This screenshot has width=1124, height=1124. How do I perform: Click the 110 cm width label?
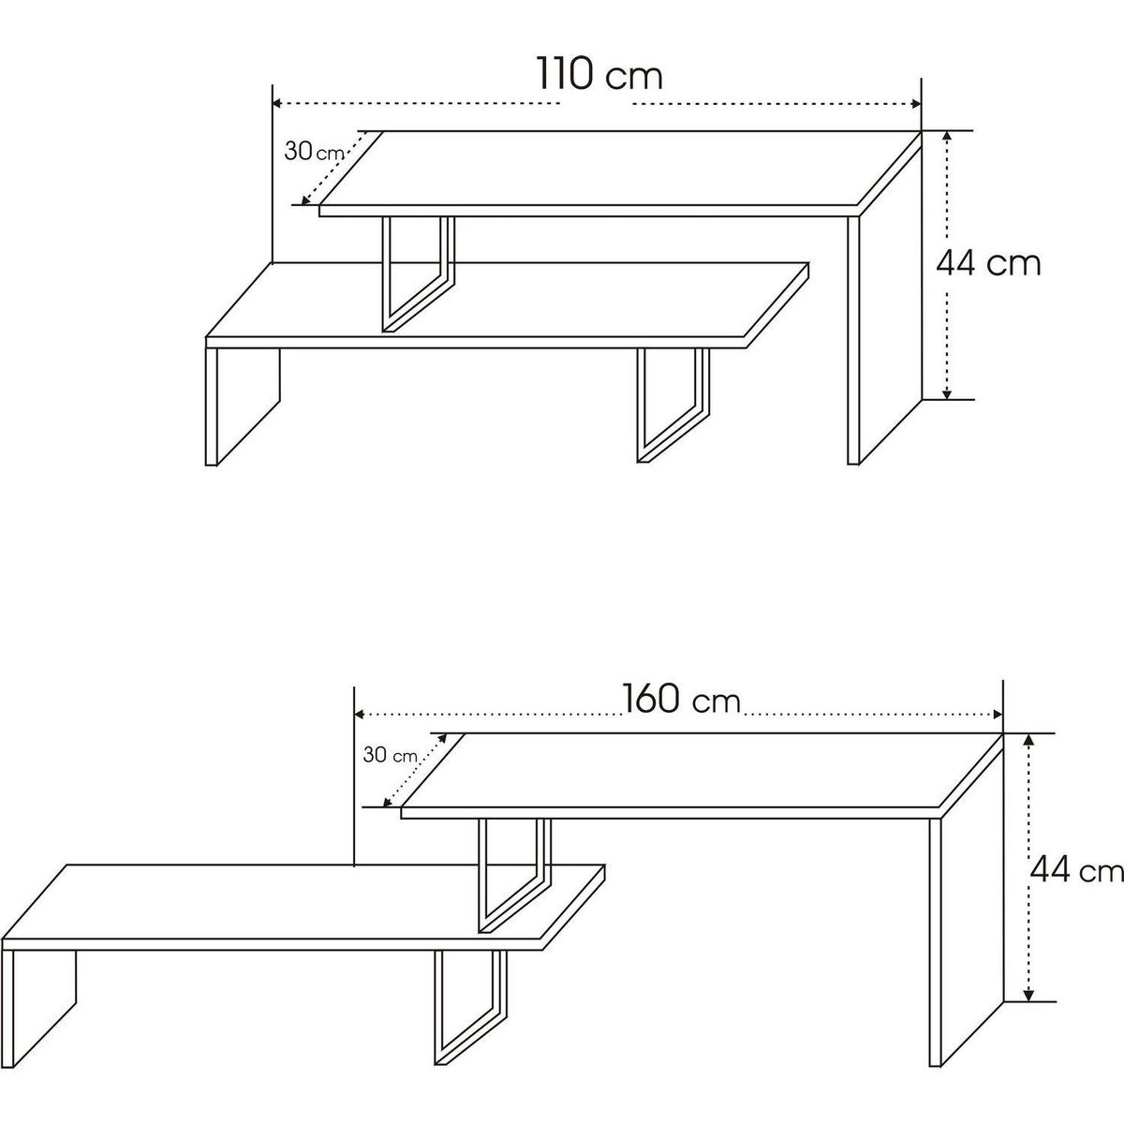[599, 74]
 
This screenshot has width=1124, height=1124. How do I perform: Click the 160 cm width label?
[682, 699]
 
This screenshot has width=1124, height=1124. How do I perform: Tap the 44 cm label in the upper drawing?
[988, 263]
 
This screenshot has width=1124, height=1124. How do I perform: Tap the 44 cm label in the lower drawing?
[1077, 871]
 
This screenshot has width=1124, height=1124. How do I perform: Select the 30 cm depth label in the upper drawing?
[314, 152]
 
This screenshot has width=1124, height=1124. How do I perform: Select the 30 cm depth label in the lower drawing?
[391, 755]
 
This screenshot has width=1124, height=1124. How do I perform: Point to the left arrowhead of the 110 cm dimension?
[277, 104]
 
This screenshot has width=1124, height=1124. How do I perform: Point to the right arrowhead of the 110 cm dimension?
[916, 104]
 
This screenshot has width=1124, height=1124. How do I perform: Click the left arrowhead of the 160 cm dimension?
[360, 715]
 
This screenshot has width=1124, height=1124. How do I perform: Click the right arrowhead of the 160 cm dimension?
[998, 715]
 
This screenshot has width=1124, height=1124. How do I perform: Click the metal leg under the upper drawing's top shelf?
[418, 274]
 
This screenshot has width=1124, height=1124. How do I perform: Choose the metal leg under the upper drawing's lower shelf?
[673, 407]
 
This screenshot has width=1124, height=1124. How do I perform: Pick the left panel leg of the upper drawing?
[242, 407]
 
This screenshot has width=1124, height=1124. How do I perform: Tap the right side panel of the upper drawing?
[884, 298]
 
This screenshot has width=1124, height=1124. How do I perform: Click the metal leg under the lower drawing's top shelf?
[514, 876]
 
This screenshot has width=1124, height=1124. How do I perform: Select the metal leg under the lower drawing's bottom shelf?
[471, 1008]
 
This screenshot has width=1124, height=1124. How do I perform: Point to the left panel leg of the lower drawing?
[38, 1009]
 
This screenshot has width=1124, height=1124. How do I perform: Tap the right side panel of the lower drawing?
[966, 900]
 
